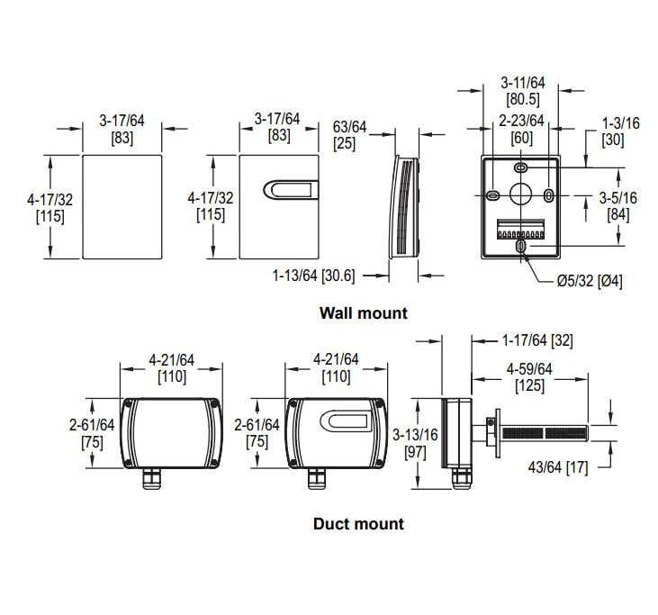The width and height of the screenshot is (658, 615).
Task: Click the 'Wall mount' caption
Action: [363, 313]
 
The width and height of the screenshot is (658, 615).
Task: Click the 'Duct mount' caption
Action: [358, 523]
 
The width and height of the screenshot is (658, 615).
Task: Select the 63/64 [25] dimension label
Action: [350, 134]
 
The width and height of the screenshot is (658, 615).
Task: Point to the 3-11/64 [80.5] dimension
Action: [522, 91]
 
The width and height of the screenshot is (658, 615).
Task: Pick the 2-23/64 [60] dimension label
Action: [522, 129]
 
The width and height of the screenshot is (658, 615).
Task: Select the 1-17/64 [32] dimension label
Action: [537, 340]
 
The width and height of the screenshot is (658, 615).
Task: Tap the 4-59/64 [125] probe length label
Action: [529, 377]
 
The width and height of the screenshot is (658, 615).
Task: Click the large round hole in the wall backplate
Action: [521, 194]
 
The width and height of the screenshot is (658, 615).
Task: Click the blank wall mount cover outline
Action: [122, 206]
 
